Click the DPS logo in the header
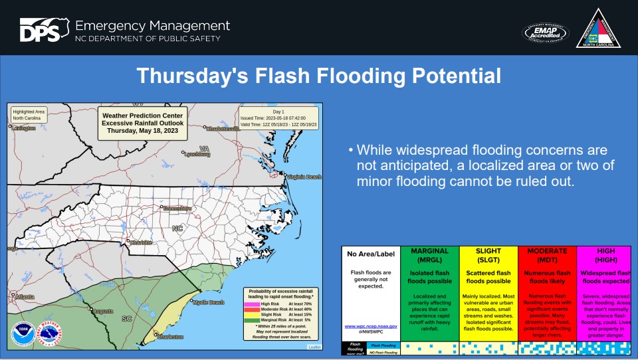43,30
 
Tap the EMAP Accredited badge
545,32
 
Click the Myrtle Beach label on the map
209,302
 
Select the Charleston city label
169,337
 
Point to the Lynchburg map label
197,154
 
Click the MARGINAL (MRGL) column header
429,255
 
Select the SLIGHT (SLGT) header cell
488,255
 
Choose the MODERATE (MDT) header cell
547,255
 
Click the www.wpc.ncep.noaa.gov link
371,326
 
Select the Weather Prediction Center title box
142,123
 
